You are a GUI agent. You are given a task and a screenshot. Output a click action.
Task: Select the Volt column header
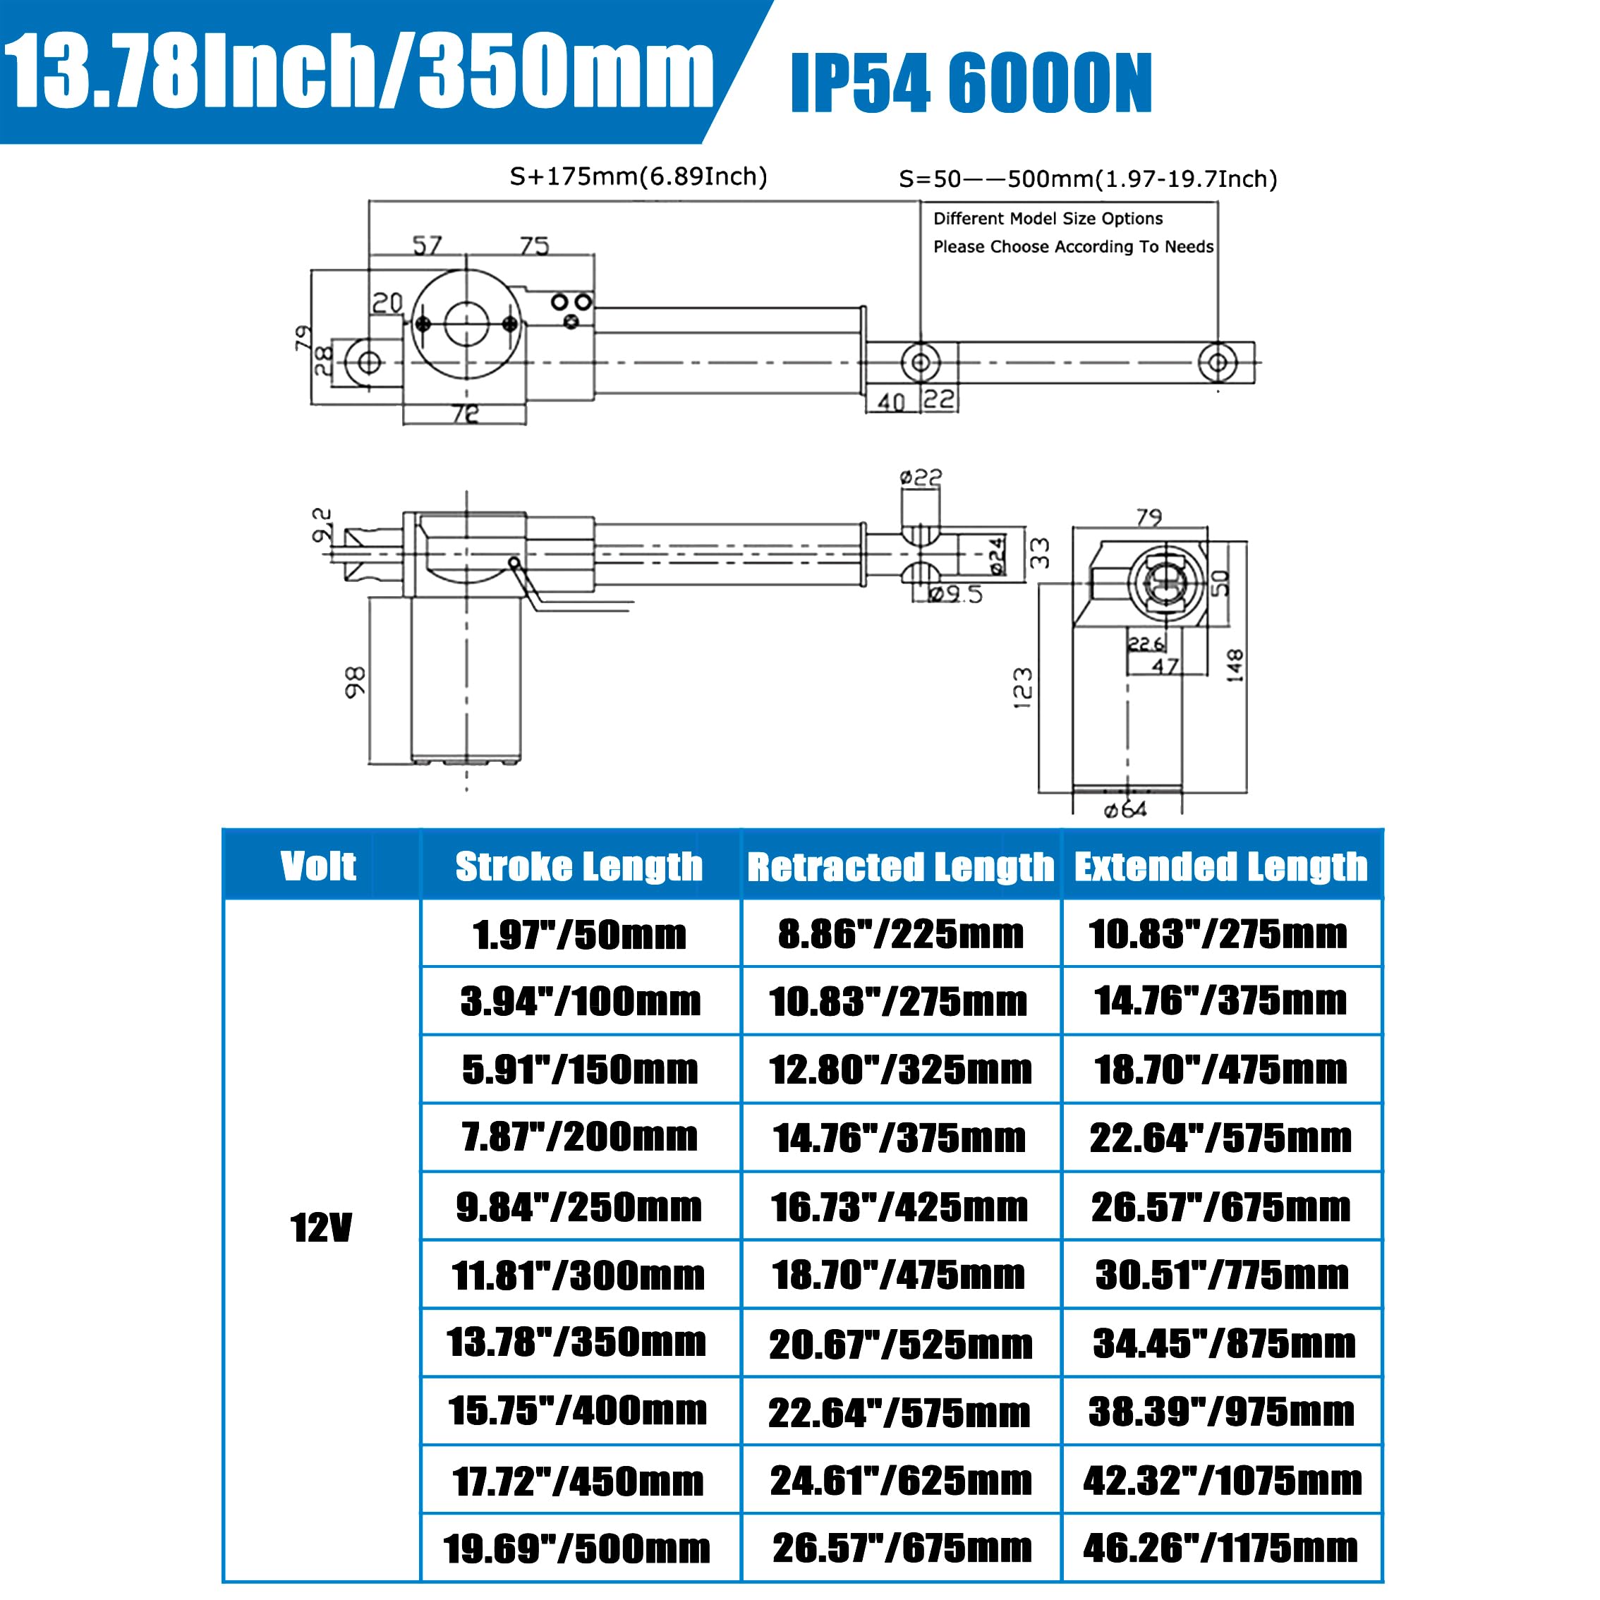point(318,866)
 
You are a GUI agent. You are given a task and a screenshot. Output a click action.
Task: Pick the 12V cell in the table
point(320,1228)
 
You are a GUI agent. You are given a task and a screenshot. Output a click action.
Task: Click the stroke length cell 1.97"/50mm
point(580,935)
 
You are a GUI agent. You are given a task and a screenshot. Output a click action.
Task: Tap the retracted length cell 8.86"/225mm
point(900,934)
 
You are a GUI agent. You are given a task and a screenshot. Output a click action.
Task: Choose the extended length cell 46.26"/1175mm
point(1220,1547)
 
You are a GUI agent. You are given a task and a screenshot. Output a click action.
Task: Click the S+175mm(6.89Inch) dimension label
point(638,176)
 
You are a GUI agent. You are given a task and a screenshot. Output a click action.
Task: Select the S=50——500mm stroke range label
point(1087,179)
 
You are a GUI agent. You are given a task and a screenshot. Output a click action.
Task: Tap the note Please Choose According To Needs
point(1072,247)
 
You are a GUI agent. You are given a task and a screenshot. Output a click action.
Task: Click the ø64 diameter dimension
point(1125,810)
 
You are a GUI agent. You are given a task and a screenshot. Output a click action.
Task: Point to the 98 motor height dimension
point(354,681)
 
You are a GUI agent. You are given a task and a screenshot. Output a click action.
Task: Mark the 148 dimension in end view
point(1235,666)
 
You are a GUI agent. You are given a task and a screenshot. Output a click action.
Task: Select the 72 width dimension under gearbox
point(466,413)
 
